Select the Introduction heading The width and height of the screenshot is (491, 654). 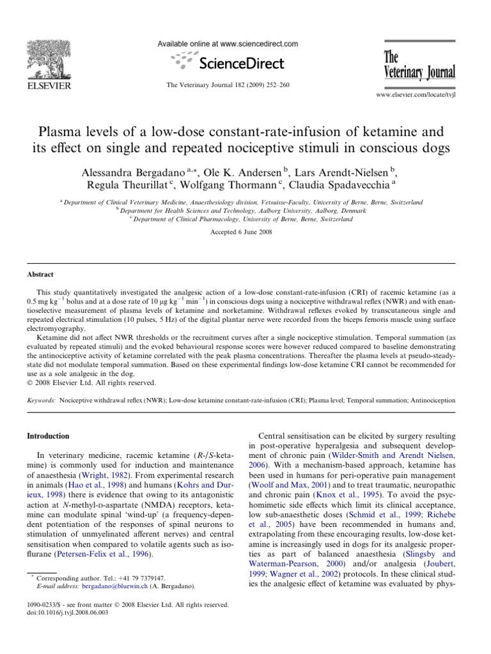[x=48, y=436]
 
